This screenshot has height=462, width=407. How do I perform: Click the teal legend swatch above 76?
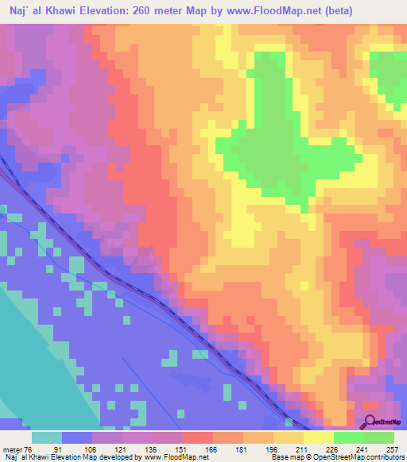47,437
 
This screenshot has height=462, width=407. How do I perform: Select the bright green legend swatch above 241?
349,437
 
